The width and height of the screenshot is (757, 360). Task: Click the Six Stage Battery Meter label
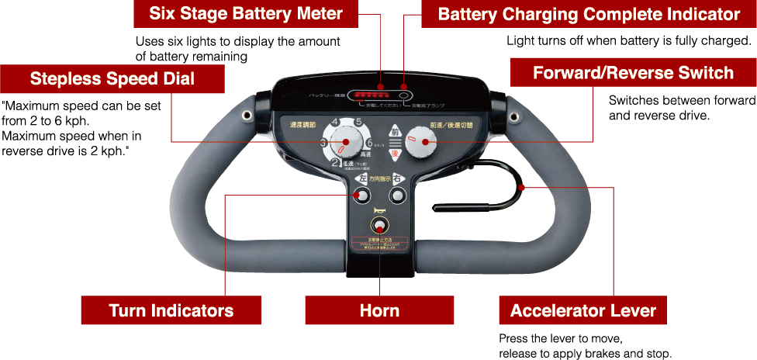point(245,14)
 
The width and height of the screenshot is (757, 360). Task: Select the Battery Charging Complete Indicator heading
point(589,14)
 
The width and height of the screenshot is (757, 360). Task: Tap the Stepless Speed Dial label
point(112,78)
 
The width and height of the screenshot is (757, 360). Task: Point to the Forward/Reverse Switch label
point(633,73)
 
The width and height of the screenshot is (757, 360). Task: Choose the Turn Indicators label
point(171,311)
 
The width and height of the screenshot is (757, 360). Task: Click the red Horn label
point(379,311)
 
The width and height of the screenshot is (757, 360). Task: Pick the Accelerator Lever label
point(582,311)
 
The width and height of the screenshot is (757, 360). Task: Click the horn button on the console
point(379,227)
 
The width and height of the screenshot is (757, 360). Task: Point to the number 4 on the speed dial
point(335,123)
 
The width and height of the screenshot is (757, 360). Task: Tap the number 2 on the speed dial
point(335,163)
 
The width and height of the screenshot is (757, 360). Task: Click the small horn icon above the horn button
point(379,211)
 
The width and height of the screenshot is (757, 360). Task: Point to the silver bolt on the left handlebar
point(247,116)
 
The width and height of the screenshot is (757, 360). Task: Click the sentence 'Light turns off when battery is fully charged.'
point(628,40)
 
